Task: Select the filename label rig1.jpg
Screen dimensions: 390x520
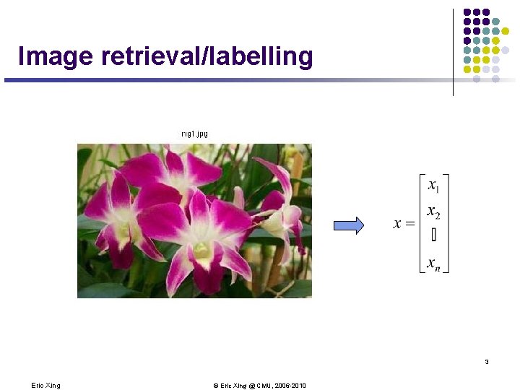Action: (x=194, y=134)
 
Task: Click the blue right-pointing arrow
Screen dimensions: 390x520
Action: (x=348, y=226)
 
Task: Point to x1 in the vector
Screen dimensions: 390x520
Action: (x=433, y=186)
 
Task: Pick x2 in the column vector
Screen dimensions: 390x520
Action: (x=433, y=212)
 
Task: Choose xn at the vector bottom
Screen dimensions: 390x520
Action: (x=433, y=264)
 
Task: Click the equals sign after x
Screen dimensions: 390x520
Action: (x=410, y=224)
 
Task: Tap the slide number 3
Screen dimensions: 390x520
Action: (x=487, y=362)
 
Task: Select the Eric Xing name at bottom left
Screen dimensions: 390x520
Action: (x=45, y=386)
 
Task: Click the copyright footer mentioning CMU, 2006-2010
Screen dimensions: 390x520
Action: (x=259, y=386)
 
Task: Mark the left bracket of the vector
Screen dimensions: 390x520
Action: (x=422, y=224)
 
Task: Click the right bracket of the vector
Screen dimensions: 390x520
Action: (x=447, y=224)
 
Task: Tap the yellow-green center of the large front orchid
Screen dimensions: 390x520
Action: (x=199, y=249)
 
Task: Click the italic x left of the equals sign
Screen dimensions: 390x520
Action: (x=397, y=224)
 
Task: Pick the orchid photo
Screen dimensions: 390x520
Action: (x=194, y=220)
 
